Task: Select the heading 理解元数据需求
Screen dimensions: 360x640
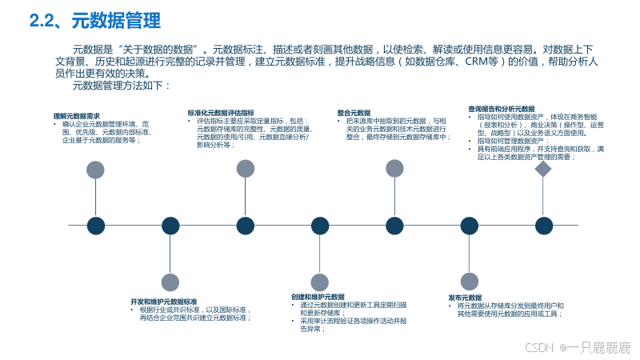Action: coord(76,116)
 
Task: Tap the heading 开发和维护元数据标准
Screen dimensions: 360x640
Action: coord(163,302)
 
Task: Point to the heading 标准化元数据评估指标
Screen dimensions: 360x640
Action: coord(221,114)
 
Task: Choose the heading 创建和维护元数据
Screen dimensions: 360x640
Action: coord(318,297)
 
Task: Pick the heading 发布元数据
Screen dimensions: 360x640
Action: coord(465,297)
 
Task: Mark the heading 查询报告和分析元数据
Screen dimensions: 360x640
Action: coord(501,108)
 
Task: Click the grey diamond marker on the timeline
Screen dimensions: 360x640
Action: coord(543,170)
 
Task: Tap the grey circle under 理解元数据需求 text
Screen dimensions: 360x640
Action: coord(95,170)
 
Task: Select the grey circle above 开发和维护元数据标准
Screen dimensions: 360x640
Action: coord(170,282)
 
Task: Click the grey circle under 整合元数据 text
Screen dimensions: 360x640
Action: coord(394,168)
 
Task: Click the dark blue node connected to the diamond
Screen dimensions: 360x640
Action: coord(544,226)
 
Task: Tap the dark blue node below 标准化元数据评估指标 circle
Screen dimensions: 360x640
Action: coord(246,226)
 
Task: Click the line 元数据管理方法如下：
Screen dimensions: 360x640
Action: coord(121,85)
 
